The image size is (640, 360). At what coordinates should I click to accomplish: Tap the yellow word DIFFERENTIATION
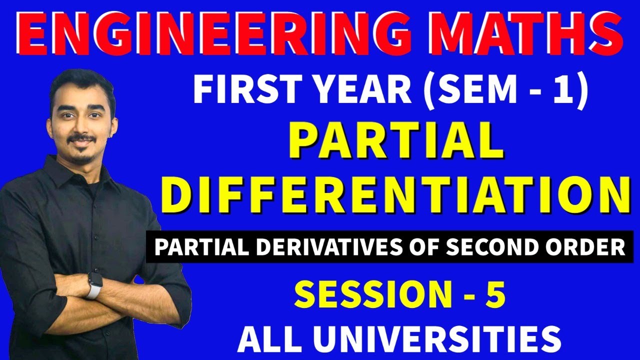395,195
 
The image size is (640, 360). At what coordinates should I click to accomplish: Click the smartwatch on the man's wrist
93,284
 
